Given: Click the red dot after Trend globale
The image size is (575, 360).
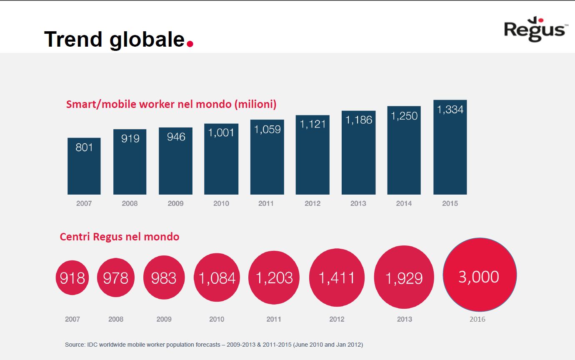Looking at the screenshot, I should point(190,43).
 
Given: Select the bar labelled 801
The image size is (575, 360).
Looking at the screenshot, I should point(84,166).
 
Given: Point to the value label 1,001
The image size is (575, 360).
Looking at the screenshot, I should point(221,132).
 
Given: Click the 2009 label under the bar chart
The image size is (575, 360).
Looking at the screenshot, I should point(175,203).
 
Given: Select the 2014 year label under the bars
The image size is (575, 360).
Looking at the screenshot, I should point(404,203).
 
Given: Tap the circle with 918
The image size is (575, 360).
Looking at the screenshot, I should point(72,277).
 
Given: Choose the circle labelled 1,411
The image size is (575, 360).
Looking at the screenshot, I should point(337,277).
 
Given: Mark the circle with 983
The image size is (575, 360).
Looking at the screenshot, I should point(164,277).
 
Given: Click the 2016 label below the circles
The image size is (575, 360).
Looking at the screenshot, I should point(477,319).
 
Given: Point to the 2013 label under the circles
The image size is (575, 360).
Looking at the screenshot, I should point(404,319).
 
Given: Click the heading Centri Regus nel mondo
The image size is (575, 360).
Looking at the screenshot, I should point(120,237).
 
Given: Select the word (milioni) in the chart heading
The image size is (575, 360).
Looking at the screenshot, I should point(255,104).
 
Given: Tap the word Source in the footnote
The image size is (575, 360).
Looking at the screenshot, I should point(74,345).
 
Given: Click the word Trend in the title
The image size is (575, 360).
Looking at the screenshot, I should point(73,39).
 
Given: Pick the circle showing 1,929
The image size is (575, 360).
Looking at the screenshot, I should point(404,277).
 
